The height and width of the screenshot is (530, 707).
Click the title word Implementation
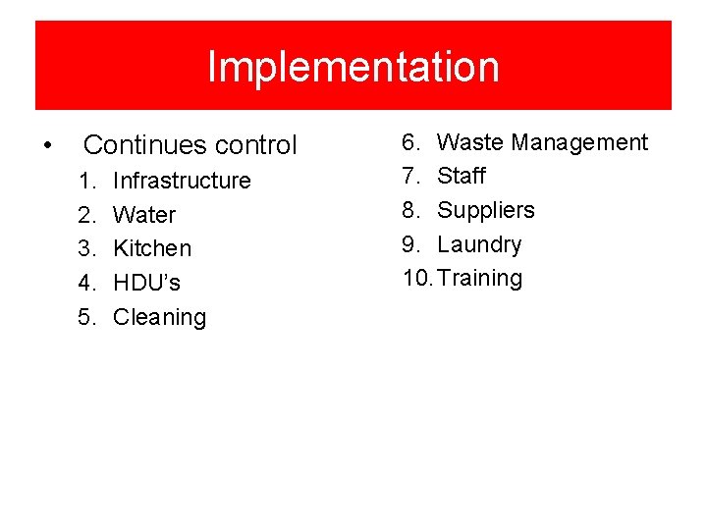pyautogui.click(x=353, y=67)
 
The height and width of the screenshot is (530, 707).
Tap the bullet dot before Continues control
pyautogui.click(x=48, y=146)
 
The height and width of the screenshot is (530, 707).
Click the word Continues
pyautogui.click(x=145, y=145)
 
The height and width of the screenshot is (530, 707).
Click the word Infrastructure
pyautogui.click(x=182, y=181)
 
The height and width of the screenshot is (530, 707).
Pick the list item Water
pyautogui.click(x=144, y=215)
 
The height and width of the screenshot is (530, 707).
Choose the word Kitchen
pyautogui.click(x=152, y=248)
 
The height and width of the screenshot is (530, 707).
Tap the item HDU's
pyautogui.click(x=147, y=283)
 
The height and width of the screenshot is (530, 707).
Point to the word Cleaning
pyautogui.click(x=160, y=317)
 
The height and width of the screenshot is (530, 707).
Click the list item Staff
pyautogui.click(x=462, y=176)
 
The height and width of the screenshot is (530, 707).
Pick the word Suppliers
pyautogui.click(x=486, y=210)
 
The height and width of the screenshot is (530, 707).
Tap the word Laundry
pyautogui.click(x=479, y=244)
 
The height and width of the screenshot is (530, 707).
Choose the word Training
pyautogui.click(x=480, y=278)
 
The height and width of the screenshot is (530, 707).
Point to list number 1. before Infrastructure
pyautogui.click(x=88, y=181)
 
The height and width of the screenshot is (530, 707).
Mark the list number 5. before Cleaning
pyautogui.click(x=88, y=317)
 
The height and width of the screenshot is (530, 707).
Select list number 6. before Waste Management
pyautogui.click(x=410, y=142)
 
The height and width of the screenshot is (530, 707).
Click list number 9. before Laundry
pyautogui.click(x=410, y=244)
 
